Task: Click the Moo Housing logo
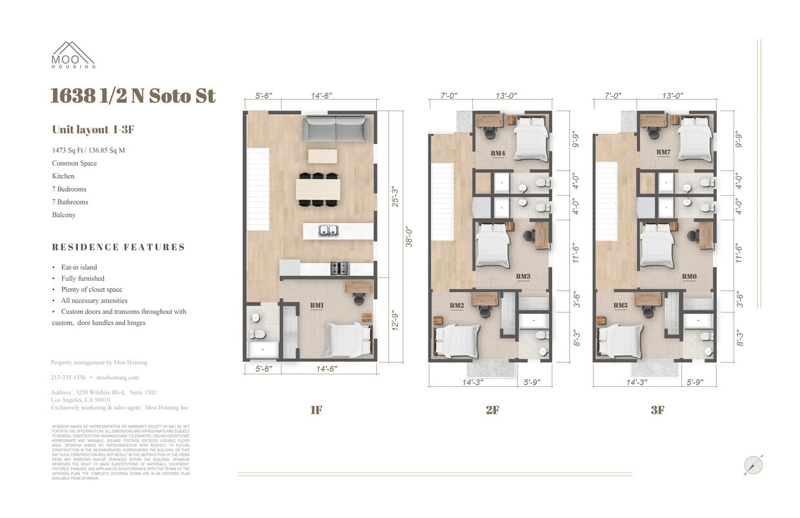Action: (x=74, y=55)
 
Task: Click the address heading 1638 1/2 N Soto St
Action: (x=133, y=96)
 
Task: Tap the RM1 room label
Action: (x=317, y=306)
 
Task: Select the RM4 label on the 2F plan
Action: (x=497, y=154)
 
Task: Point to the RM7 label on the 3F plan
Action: (x=663, y=152)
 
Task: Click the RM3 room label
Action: (x=523, y=276)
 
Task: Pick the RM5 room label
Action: (x=621, y=306)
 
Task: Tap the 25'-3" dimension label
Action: (x=395, y=197)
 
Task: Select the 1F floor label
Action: (x=315, y=410)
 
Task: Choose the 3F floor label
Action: (x=657, y=410)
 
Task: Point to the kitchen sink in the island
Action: (x=329, y=230)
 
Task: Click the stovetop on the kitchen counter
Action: (x=339, y=268)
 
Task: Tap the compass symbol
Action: (x=753, y=465)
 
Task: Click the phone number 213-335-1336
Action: (x=68, y=377)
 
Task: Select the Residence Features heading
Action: (x=119, y=247)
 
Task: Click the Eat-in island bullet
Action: (x=79, y=267)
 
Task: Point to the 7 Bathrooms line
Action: (x=70, y=202)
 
